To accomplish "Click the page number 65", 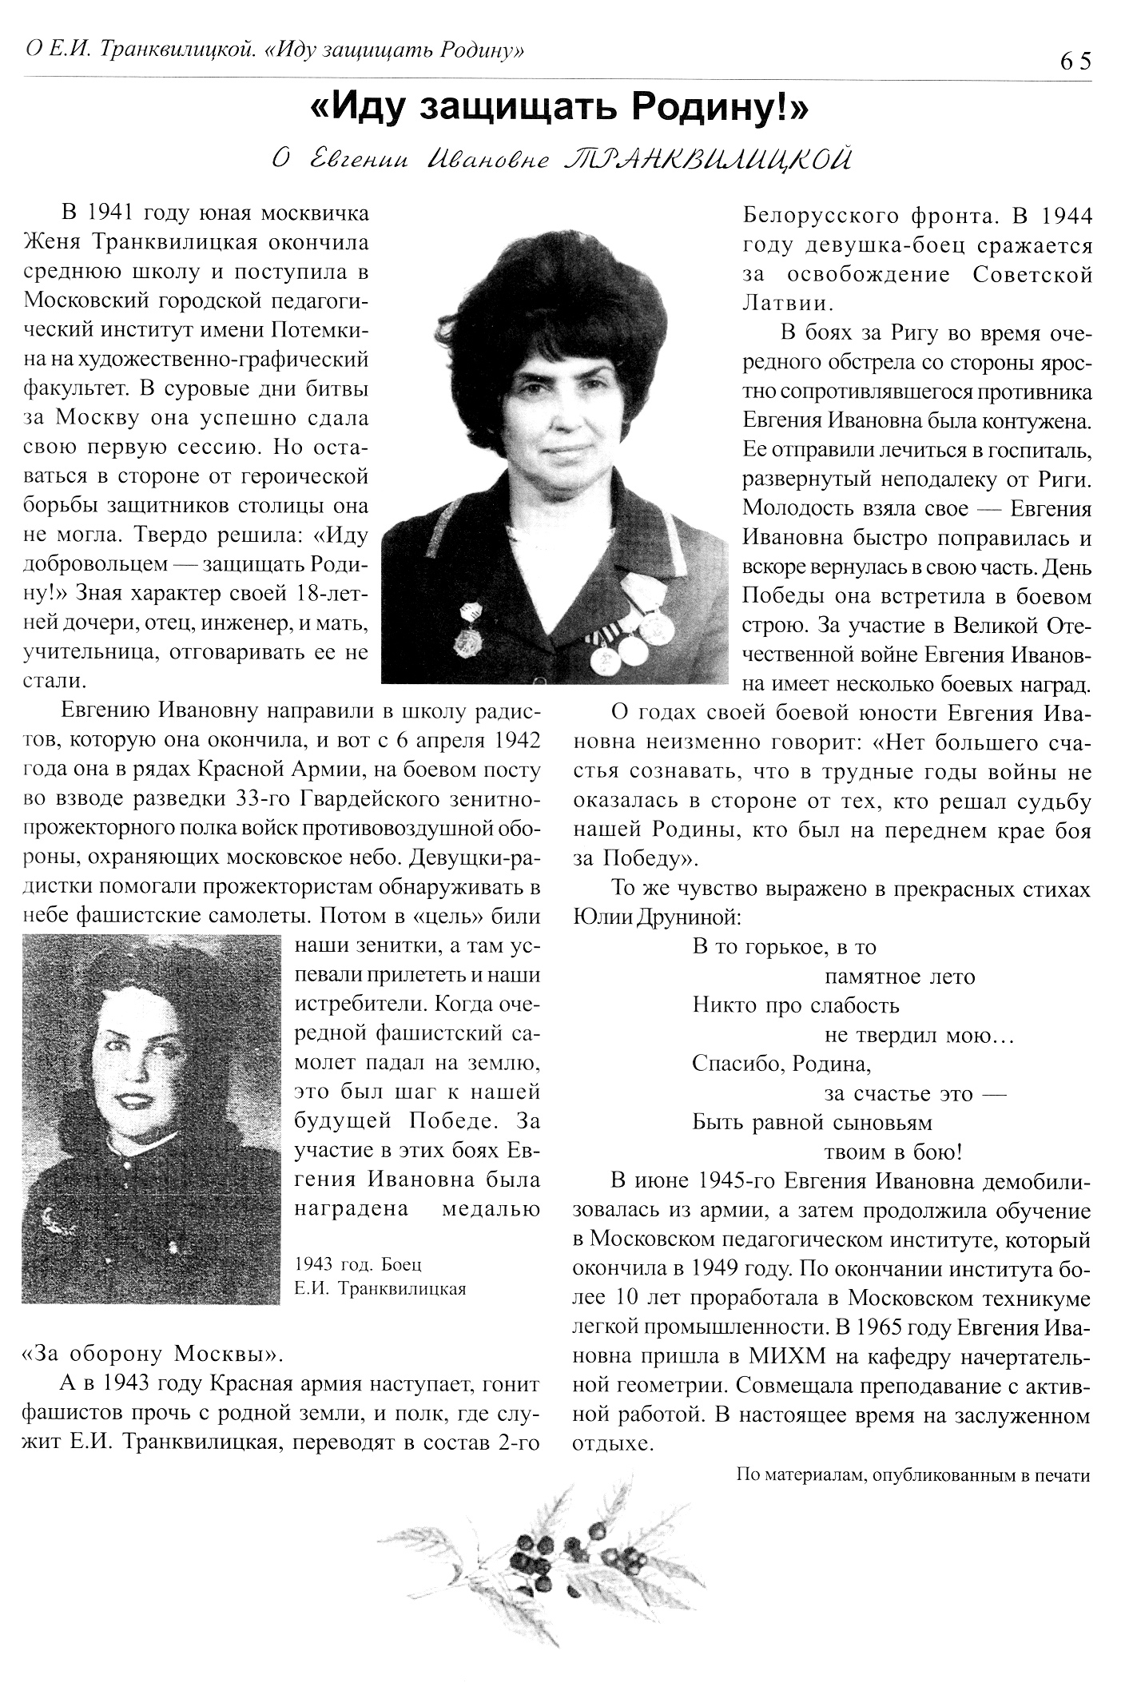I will tap(1075, 61).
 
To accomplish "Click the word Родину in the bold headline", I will tap(718, 108).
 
